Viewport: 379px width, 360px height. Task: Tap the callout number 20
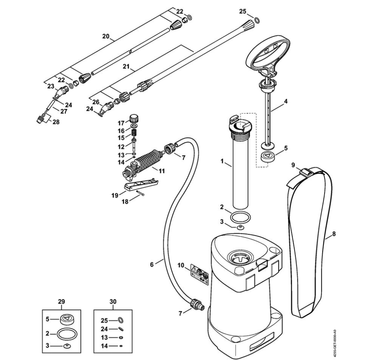106,36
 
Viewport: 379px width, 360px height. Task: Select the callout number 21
126,67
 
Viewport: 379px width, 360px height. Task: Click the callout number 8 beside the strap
334,234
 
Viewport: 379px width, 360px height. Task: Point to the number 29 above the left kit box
61,302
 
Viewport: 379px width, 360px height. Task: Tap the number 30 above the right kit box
113,302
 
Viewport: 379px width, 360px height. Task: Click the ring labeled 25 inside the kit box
121,320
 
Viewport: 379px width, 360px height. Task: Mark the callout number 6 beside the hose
152,264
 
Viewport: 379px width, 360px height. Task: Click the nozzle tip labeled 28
41,119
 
